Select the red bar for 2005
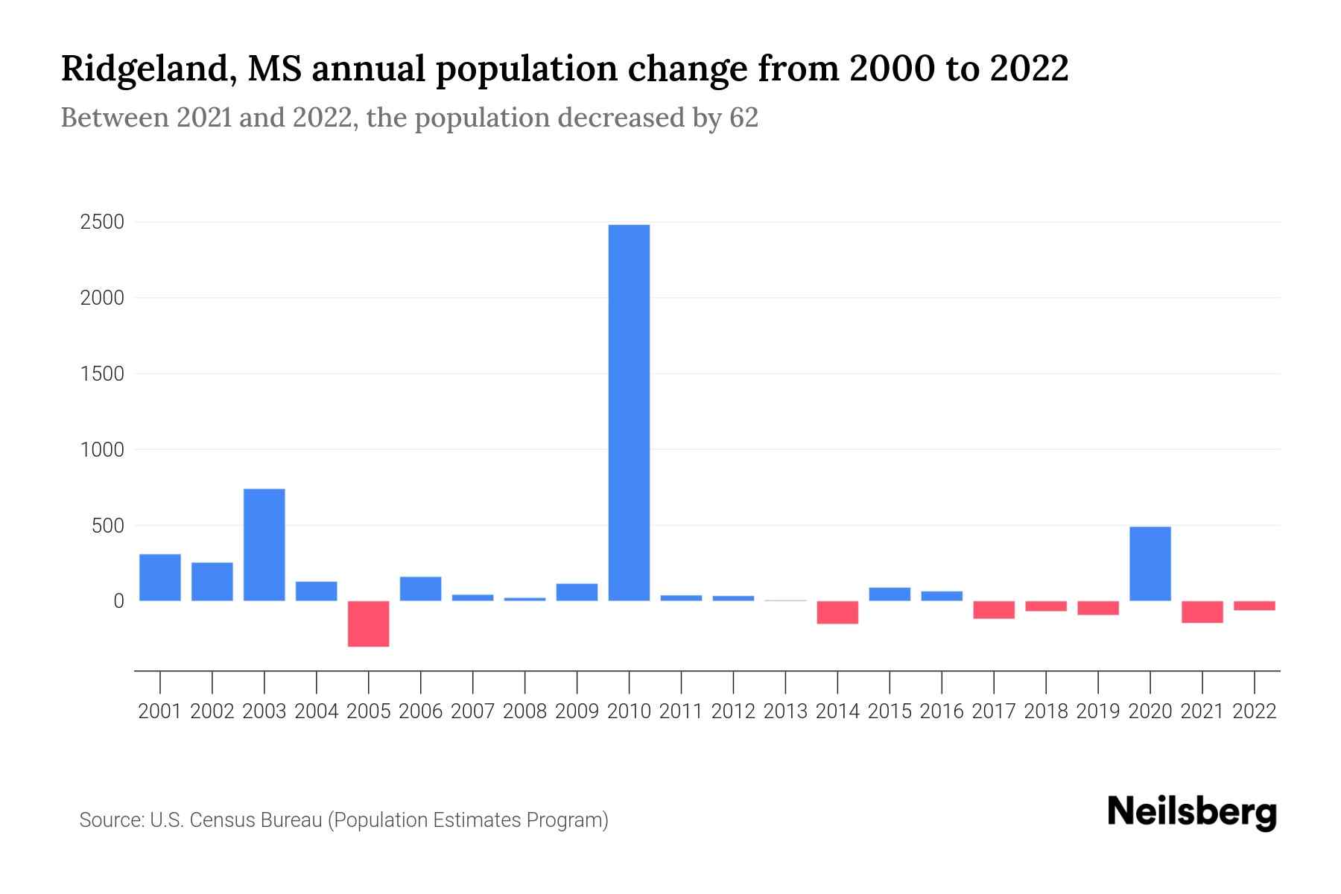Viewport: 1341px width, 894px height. (369, 624)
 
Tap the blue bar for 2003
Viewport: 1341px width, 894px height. (264, 545)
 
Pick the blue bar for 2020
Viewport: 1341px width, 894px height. (1150, 563)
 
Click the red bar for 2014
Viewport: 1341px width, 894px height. (837, 612)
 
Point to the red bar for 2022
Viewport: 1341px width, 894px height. (1255, 606)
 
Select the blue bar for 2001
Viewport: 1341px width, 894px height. (160, 577)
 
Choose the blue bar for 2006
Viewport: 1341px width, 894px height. (421, 589)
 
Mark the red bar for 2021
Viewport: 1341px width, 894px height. (1202, 612)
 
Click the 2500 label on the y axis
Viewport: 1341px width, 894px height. (102, 223)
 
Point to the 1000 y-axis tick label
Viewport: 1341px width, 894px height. (102, 450)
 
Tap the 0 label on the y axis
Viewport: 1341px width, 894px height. (118, 601)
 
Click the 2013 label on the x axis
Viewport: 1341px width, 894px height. (785, 711)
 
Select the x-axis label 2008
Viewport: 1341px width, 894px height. (524, 711)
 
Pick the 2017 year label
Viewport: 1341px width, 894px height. (994, 711)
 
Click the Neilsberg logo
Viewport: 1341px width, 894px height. (1192, 813)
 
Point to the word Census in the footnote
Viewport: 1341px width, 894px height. (216, 820)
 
